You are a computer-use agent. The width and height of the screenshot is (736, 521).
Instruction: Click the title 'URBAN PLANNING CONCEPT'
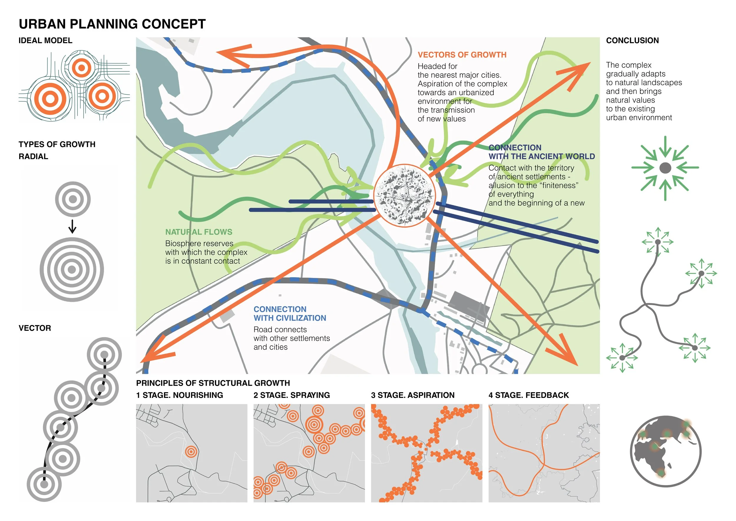(x=112, y=24)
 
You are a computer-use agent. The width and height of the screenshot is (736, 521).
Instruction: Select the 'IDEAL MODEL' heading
(x=45, y=40)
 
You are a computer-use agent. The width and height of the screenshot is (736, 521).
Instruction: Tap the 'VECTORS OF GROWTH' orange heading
(x=462, y=55)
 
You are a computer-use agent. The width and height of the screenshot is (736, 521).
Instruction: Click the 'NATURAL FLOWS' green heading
(x=199, y=232)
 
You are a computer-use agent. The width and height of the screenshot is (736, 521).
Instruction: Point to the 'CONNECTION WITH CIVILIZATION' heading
(x=289, y=314)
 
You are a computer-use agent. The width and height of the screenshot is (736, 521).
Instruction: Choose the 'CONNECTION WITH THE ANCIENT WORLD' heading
(x=541, y=152)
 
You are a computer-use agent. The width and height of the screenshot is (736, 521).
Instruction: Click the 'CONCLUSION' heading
(x=632, y=40)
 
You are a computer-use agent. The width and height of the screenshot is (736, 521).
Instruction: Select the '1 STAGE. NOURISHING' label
(x=180, y=395)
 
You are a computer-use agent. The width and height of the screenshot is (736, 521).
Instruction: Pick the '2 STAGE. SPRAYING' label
(x=291, y=395)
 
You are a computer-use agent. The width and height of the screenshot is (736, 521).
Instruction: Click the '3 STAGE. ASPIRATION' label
(x=412, y=395)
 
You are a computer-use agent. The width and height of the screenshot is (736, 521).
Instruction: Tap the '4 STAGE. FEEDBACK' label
(x=529, y=395)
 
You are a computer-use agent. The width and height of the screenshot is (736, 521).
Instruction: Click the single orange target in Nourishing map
(x=191, y=452)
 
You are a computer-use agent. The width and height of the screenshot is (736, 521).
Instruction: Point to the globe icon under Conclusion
(x=665, y=451)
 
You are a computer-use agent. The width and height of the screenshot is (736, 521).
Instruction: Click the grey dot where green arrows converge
(x=665, y=168)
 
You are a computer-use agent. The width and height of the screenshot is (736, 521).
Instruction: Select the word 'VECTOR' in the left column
(x=35, y=328)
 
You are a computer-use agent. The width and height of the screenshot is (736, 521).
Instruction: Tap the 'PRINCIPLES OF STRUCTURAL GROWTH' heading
(x=213, y=383)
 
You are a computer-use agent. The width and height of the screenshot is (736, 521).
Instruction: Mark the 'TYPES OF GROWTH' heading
(x=57, y=144)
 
